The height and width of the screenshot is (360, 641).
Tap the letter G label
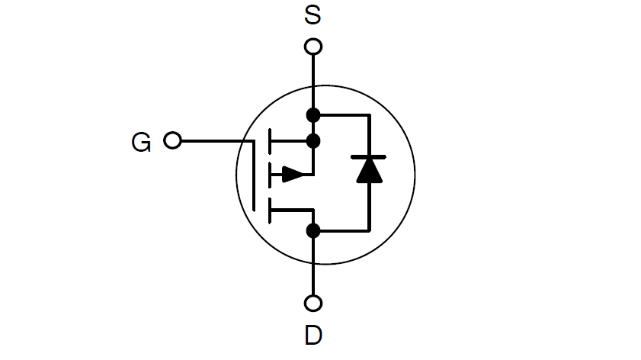coord(141,142)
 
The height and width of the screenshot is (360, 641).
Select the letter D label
coord(312,335)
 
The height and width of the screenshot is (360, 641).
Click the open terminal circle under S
coord(312,47)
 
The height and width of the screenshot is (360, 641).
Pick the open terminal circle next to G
coord(173,141)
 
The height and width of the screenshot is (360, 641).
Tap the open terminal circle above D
coord(312,304)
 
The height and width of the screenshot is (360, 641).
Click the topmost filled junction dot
coord(312,115)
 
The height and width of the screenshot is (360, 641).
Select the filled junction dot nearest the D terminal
coord(312,230)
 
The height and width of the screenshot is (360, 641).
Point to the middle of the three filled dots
coord(312,141)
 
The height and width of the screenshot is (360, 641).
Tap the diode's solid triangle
coord(369,171)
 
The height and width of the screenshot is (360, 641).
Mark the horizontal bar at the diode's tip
coord(369,157)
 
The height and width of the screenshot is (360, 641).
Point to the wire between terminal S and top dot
coord(312,80)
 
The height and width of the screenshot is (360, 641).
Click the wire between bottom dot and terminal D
coord(312,267)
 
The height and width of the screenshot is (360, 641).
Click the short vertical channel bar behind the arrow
coord(269,175)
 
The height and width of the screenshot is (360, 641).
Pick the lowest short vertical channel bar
coord(269,210)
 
